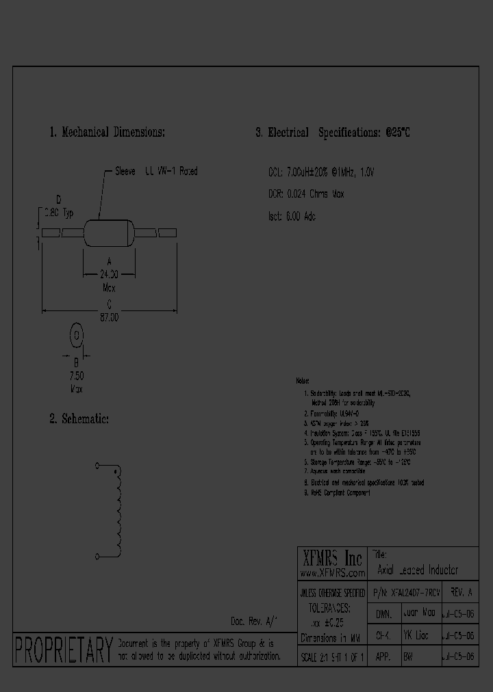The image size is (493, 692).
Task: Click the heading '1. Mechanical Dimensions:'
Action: coord(107,133)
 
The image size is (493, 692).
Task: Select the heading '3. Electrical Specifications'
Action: coord(333,133)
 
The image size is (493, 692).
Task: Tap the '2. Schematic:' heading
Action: coord(79,418)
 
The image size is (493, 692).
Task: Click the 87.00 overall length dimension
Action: coord(110,318)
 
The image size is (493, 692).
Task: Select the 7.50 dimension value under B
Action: coord(77,376)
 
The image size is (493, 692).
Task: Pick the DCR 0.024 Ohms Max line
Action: coord(306,194)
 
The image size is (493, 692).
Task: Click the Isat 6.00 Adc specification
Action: coord(292,216)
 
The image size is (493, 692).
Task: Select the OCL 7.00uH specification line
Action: coord(321,172)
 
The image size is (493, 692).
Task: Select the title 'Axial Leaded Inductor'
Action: coord(418,570)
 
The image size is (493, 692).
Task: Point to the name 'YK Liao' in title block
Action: coord(416,635)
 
